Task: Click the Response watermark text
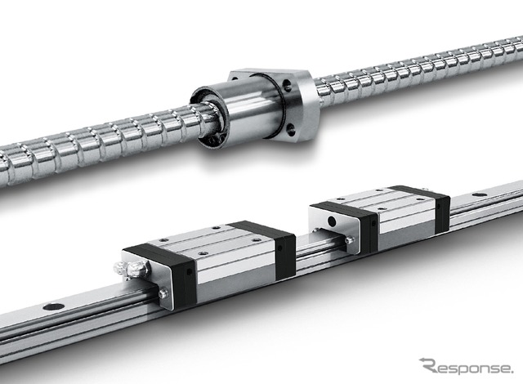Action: point(467,367)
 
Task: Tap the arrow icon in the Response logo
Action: point(426,361)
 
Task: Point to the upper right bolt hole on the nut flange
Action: point(287,84)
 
